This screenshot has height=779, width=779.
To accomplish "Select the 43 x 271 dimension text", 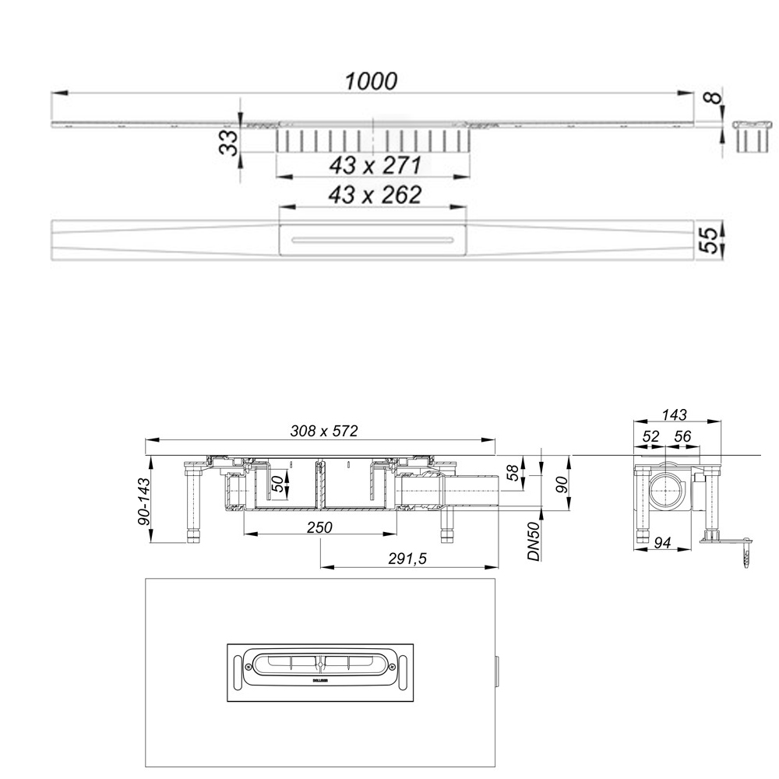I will (375, 165).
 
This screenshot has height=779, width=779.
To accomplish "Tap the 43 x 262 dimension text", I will (375, 195).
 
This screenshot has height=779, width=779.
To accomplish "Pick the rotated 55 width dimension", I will (709, 239).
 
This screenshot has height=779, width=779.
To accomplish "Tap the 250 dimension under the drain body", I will (319, 527).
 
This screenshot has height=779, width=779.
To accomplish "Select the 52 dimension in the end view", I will (650, 437).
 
